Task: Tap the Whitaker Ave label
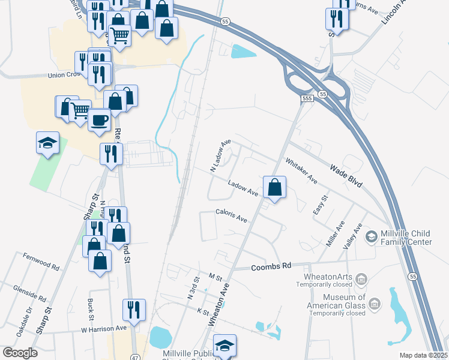click(301, 170)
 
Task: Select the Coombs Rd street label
click(271, 266)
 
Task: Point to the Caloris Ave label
click(232, 215)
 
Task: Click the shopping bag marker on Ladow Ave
click(274, 187)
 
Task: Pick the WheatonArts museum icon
click(361, 279)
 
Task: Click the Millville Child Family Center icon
click(371, 236)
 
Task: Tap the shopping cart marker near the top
click(119, 36)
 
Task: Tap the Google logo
click(20, 353)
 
